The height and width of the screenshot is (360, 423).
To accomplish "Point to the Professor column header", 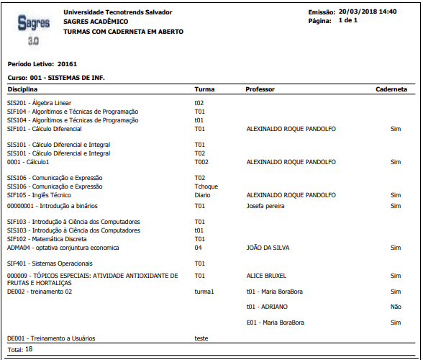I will click(260, 89).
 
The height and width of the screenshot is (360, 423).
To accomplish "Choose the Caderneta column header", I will click(391, 89).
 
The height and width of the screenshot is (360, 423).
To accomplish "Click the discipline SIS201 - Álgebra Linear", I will click(40, 103).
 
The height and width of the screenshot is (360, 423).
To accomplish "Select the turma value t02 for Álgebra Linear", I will click(199, 103).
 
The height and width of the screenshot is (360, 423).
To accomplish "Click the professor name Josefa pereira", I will click(265, 206).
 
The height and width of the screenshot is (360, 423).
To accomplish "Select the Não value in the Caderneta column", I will click(395, 307).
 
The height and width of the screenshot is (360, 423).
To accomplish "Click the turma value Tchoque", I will click(206, 186).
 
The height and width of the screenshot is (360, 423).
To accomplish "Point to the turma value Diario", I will click(202, 194).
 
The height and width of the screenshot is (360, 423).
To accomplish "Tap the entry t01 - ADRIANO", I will click(267, 307).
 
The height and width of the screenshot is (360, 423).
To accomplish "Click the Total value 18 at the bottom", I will click(29, 348).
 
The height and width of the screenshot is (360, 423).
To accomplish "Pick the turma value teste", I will click(201, 338).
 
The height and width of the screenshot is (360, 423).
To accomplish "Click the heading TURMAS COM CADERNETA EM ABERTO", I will click(123, 32).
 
